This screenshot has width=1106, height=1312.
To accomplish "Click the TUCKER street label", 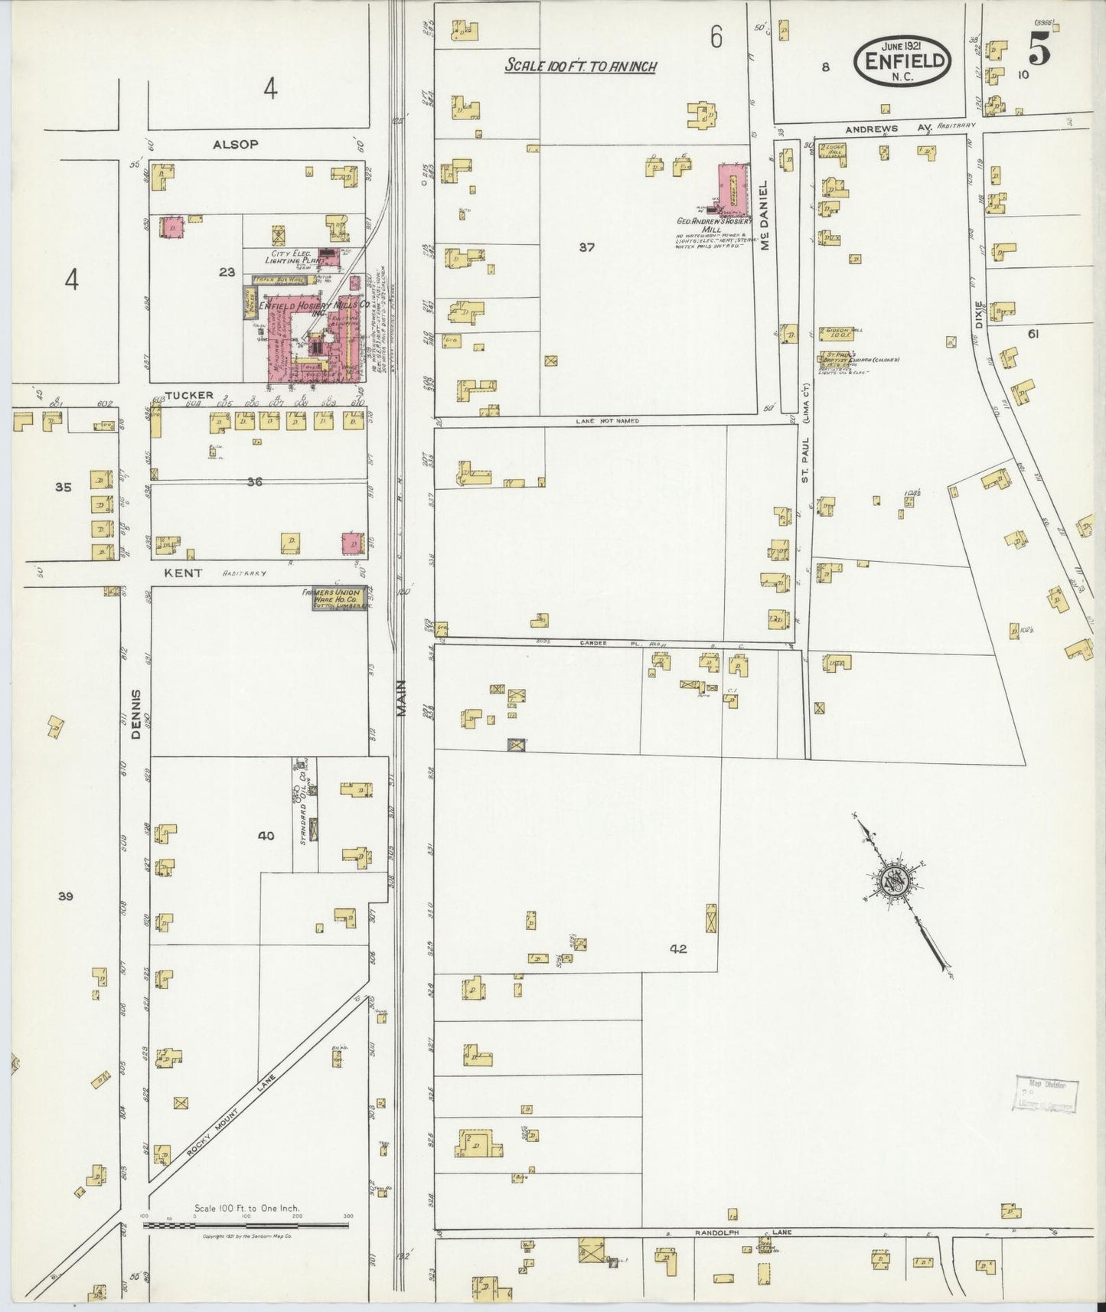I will pos(188,395).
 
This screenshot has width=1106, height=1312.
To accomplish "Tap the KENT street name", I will pos(182,572).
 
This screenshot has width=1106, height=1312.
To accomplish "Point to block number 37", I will pos(586,247).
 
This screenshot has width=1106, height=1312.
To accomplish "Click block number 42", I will pos(677,949).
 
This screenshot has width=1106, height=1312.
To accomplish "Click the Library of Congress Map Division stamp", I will pos(1045,1093).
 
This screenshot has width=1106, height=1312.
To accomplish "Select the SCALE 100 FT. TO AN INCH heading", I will pos(580,67).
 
